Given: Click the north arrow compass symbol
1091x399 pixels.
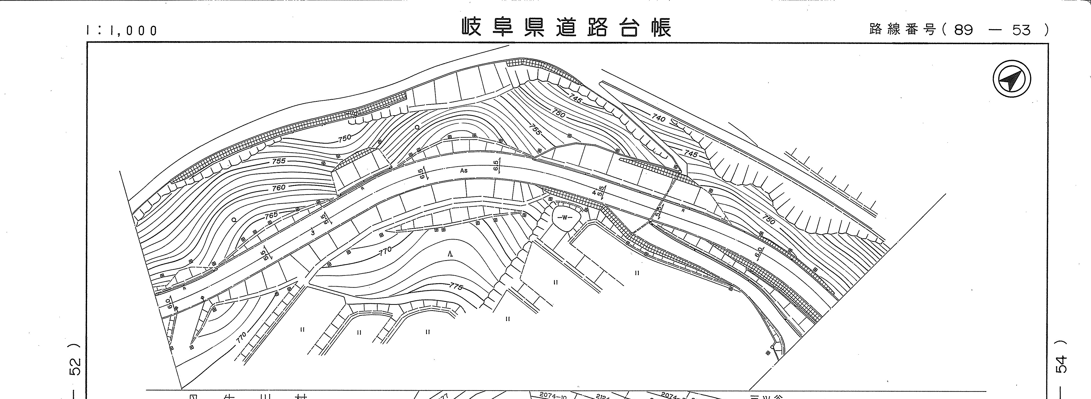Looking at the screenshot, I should point(1012,79).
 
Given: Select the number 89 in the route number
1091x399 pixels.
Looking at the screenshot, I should point(964,30).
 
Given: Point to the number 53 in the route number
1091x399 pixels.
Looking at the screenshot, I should point(1021,30).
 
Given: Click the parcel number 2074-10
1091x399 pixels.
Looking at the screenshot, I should point(553,396).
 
